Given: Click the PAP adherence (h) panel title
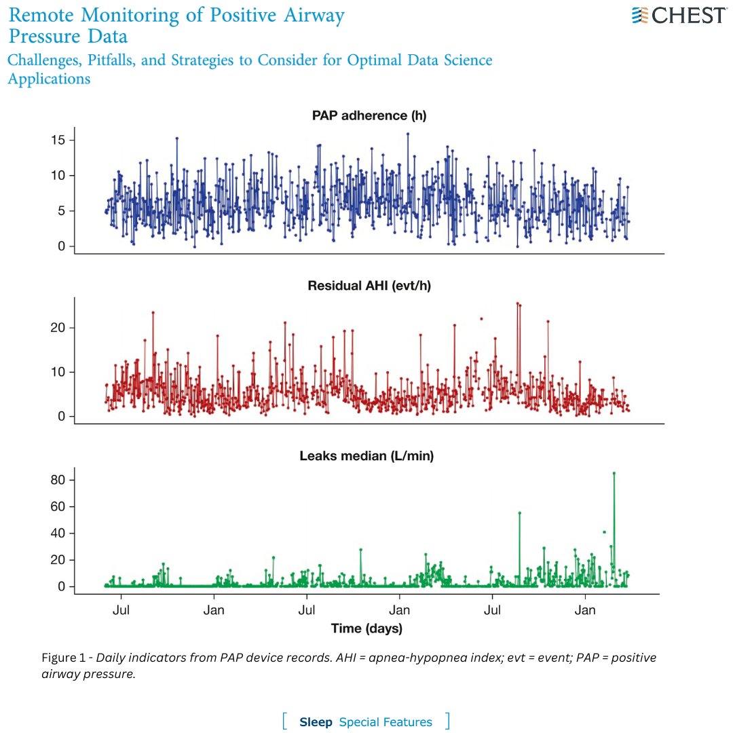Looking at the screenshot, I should tap(369, 116).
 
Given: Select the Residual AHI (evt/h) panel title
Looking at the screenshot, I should tap(369, 286).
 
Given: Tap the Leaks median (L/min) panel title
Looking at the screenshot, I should tap(366, 456).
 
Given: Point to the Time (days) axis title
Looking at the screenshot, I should tap(366, 628).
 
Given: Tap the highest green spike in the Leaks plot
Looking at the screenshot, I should tap(614, 474).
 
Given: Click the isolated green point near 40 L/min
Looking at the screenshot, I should tap(604, 532).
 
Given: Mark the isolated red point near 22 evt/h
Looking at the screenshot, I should tap(481, 318).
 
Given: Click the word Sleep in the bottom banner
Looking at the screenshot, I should tap(316, 722).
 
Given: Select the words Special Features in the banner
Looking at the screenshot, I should tap(385, 722).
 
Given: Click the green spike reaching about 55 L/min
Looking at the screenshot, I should tap(520, 514).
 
